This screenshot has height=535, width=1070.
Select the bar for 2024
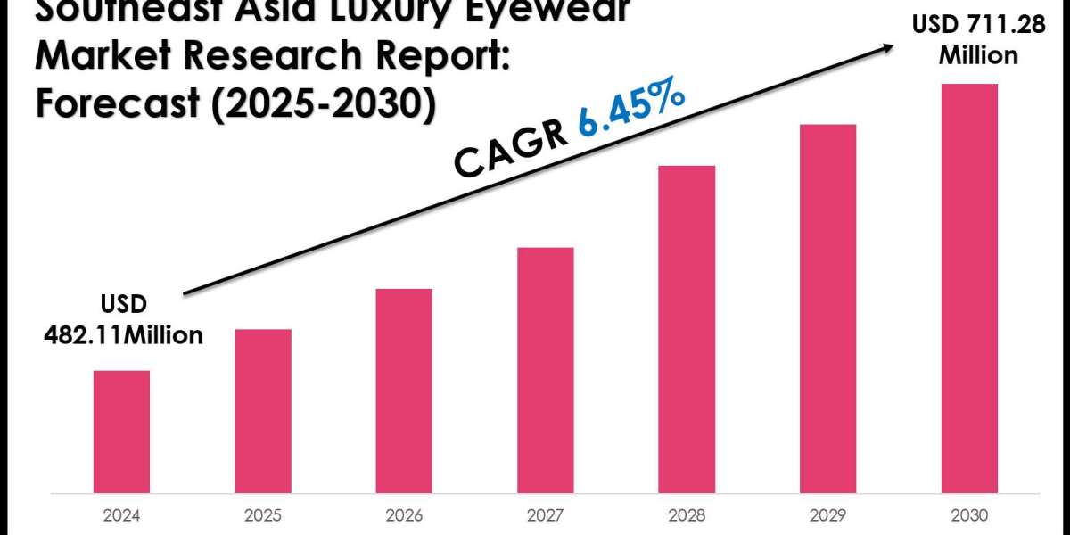click(121, 432)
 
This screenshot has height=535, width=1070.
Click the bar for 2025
click(263, 411)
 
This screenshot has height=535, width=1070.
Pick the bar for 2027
click(546, 370)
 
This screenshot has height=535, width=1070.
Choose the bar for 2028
click(687, 329)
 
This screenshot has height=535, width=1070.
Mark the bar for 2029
click(828, 309)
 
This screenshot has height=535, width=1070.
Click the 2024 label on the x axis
click(121, 515)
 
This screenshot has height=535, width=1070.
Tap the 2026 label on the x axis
click(404, 515)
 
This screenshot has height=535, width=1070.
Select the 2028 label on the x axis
click(687, 515)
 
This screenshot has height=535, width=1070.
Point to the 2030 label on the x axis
click(969, 515)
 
